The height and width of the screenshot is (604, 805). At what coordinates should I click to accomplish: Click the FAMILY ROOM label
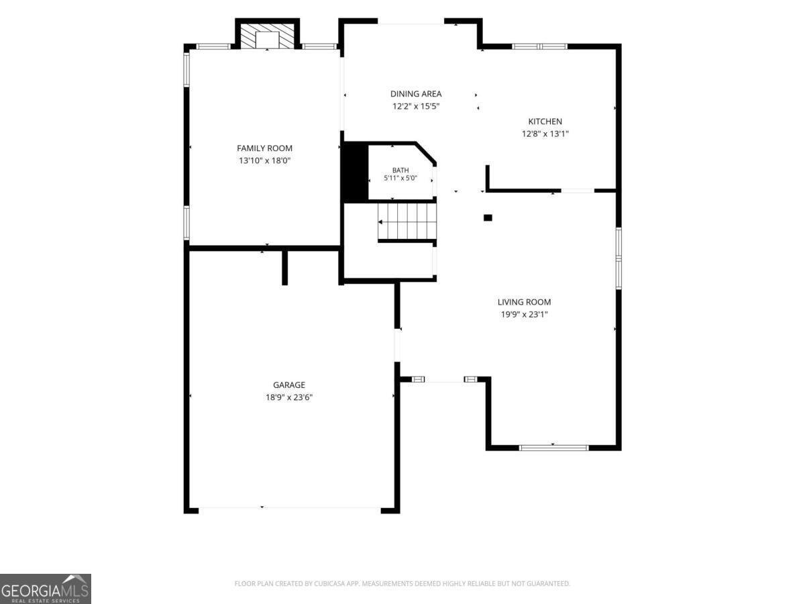point(264,148)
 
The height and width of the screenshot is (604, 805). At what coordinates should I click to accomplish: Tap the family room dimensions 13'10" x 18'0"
point(264,160)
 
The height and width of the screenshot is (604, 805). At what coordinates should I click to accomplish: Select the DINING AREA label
point(415,94)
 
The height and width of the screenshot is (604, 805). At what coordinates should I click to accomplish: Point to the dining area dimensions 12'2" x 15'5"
point(415,106)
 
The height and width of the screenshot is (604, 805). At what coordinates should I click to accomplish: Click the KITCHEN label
point(545,121)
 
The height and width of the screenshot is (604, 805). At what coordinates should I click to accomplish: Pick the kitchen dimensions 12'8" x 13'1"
point(545,134)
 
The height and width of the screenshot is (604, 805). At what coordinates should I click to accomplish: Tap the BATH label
point(400,170)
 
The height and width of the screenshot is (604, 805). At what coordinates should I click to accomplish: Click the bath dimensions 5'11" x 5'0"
point(400,179)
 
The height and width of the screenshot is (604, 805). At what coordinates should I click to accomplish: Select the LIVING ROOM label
point(524,302)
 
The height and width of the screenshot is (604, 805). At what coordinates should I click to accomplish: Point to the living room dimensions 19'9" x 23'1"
point(524,315)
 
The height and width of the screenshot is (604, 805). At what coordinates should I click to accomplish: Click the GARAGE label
point(289,385)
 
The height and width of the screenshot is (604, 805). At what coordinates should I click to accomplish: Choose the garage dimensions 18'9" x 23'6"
point(289,397)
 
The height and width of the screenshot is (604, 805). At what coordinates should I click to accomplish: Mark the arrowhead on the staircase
point(380,222)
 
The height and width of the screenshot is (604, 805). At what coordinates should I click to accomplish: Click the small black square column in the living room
point(488,218)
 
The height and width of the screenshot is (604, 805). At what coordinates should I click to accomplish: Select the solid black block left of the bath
point(355,172)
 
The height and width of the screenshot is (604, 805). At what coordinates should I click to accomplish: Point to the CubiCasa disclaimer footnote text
point(402,583)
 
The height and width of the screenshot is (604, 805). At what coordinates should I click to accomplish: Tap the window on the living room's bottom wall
point(554,448)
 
